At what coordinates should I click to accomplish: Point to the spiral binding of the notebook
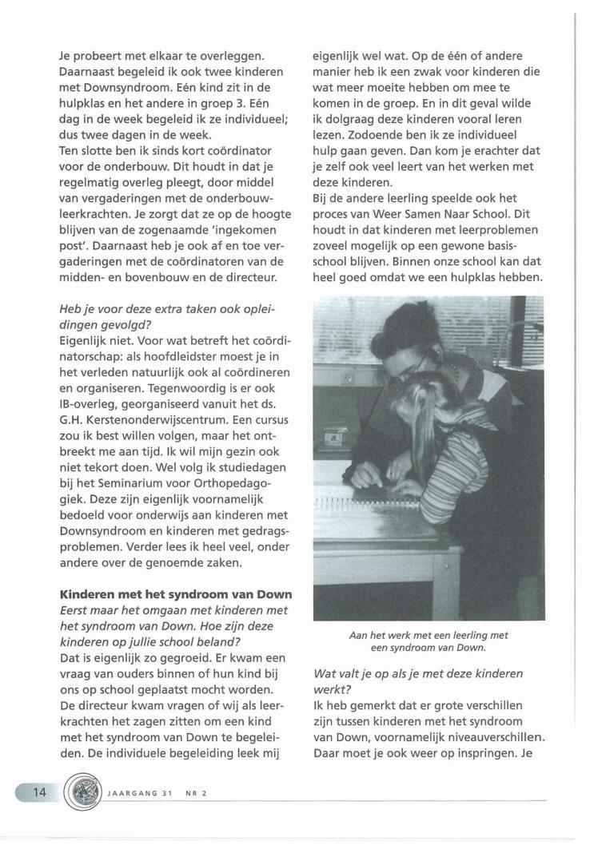(x=369, y=502)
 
